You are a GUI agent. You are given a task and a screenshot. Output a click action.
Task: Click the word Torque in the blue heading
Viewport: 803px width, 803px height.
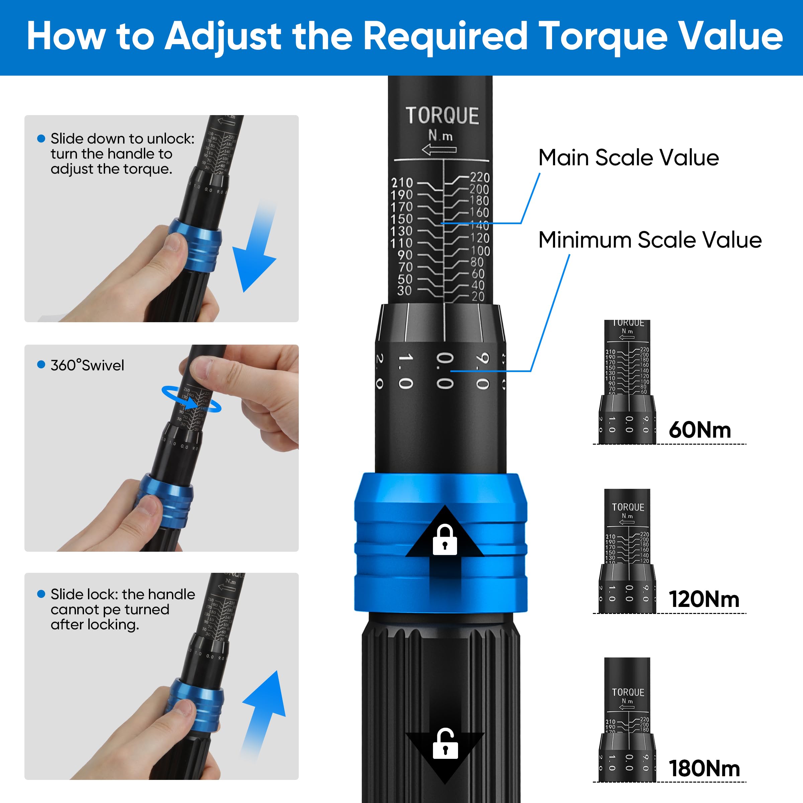(x=604, y=36)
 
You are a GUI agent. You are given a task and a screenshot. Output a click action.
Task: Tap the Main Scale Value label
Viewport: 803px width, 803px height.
(x=628, y=158)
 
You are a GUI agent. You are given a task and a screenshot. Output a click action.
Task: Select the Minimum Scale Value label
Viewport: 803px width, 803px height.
(x=650, y=240)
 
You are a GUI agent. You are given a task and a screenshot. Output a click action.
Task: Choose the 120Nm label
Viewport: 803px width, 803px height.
(x=704, y=599)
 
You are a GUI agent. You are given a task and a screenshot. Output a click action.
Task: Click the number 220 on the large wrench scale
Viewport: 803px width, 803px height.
(x=480, y=177)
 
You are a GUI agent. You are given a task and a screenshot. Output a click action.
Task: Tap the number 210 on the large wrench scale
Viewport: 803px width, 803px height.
(x=402, y=183)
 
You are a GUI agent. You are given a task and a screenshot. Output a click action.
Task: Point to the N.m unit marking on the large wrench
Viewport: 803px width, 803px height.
(x=441, y=136)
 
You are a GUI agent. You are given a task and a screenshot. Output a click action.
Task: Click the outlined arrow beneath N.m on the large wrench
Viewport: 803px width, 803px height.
(x=439, y=150)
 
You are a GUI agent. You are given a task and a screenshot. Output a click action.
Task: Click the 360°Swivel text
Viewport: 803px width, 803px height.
(x=87, y=365)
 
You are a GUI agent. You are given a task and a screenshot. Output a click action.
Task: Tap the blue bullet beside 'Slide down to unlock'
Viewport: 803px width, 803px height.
(x=41, y=139)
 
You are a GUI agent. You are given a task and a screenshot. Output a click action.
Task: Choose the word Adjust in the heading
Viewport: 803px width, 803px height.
(x=224, y=36)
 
